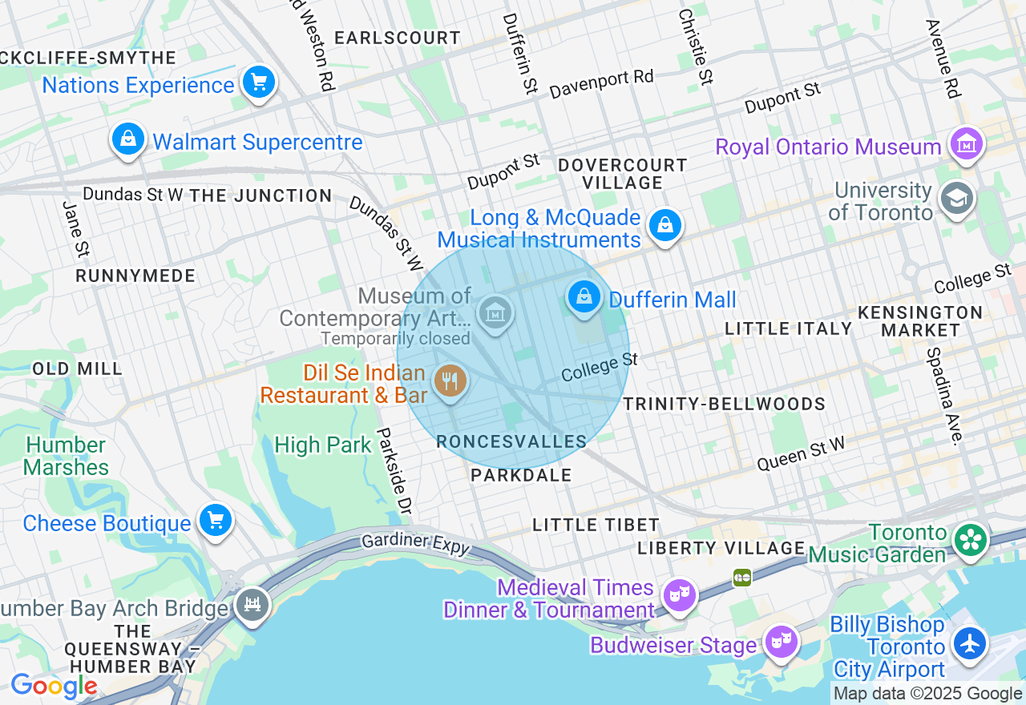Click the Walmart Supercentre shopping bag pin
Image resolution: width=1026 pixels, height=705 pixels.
pos(128,140)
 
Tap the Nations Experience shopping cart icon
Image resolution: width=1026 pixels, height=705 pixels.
pos(259,83)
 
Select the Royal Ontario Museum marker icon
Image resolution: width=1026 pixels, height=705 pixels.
pos(966,145)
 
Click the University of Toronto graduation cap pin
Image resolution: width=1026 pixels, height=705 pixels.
pos(957,199)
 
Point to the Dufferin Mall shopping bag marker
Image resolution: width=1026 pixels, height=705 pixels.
pos(585,297)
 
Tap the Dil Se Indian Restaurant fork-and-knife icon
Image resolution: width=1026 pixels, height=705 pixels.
pos(450,381)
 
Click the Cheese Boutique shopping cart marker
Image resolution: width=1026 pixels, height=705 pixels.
pos(215,521)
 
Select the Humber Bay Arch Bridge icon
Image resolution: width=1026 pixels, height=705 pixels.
pos(252,606)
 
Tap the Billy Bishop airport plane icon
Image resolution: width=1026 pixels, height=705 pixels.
pos(970,643)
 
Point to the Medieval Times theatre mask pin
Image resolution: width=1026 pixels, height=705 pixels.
pos(679,594)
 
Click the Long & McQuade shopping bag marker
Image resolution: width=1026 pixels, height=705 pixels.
pos(665,226)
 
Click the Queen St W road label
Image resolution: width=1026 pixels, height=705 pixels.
pos(801,454)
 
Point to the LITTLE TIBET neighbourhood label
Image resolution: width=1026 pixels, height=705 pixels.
pos(596,525)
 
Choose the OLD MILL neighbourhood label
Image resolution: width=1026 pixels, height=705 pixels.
pos(78,369)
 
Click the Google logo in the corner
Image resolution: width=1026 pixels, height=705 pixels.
pos(54,686)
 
